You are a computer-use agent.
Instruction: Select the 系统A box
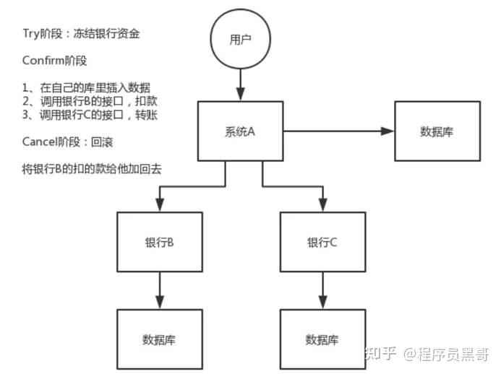[x=240, y=131]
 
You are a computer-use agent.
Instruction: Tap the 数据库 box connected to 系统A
[x=437, y=131]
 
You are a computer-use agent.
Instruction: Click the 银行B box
[x=158, y=243]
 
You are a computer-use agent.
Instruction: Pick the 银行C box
[x=322, y=243]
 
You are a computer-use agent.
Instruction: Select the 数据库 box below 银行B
[x=158, y=339]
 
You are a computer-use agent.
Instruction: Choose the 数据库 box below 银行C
[x=322, y=339]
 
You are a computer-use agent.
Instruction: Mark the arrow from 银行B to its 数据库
[x=158, y=290]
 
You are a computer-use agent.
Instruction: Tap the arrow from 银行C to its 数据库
[x=322, y=290]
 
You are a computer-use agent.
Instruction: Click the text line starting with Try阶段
[x=90, y=33]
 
